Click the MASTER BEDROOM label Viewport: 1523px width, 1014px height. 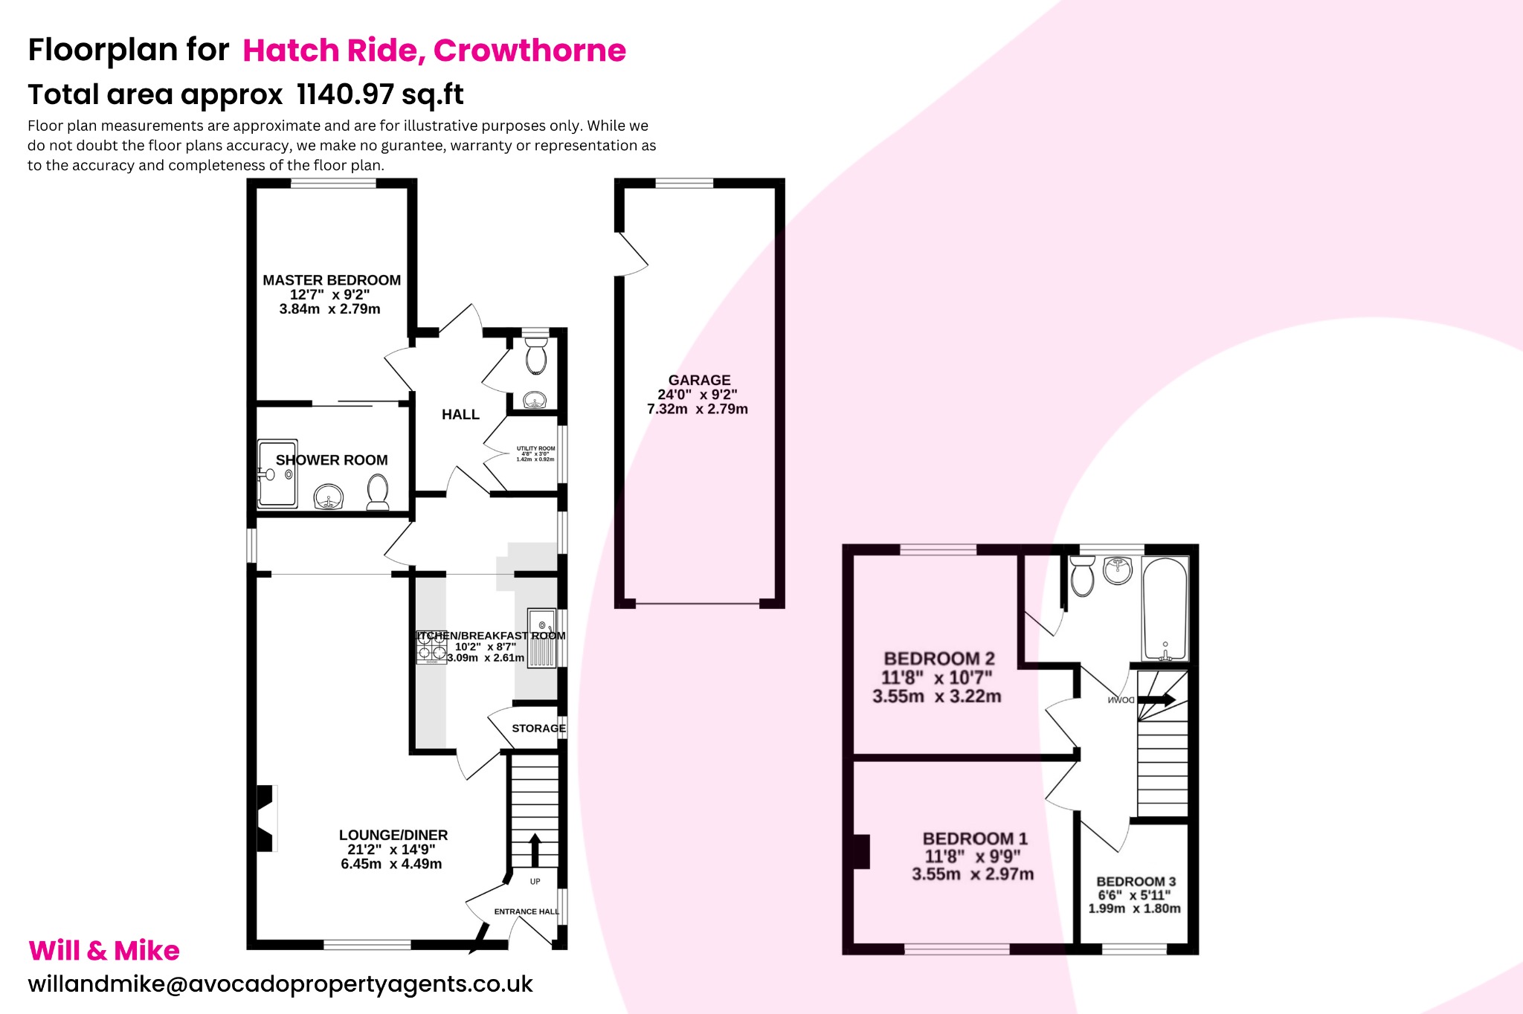(332, 280)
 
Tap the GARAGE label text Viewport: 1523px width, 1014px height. (699, 380)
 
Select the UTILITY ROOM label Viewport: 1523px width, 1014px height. (535, 448)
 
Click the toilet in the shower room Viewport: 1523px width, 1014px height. (378, 491)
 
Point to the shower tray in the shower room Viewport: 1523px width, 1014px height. (277, 474)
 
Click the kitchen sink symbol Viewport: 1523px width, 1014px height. (542, 638)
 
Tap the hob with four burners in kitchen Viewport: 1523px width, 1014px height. (431, 648)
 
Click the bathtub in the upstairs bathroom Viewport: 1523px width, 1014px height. (1165, 608)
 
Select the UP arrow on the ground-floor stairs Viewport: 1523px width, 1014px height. (535, 849)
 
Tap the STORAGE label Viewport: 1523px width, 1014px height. (538, 729)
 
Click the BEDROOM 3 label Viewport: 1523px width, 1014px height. (1136, 882)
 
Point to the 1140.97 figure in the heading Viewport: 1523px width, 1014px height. (345, 94)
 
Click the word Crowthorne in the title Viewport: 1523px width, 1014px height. (529, 51)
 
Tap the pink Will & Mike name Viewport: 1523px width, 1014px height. (104, 951)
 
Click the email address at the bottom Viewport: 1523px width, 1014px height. (280, 984)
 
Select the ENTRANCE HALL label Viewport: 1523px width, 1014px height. (526, 911)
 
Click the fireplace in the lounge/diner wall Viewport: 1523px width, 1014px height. (266, 818)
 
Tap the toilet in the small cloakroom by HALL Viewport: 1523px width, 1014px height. (535, 358)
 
